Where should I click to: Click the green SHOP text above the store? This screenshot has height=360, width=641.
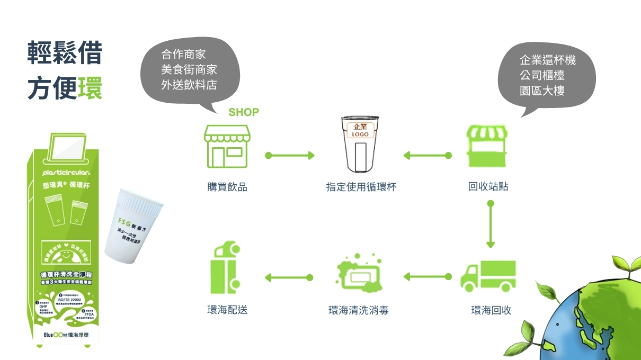(x=244, y=112)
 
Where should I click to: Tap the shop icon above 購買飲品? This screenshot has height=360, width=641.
(x=227, y=146)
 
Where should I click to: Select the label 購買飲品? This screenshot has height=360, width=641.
(x=227, y=187)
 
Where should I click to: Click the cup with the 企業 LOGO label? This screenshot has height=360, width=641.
(x=360, y=143)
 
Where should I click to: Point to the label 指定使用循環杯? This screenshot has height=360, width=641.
(x=361, y=187)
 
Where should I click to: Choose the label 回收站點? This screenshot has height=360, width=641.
(x=488, y=187)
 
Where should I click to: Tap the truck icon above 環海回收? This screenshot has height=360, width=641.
(x=488, y=276)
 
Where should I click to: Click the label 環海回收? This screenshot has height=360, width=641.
(x=491, y=310)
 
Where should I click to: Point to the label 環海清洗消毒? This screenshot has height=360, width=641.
(x=359, y=310)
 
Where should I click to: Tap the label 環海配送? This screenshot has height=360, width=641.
(x=227, y=310)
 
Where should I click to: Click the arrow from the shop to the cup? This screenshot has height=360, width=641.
(x=290, y=156)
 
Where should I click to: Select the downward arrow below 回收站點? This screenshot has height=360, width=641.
(x=491, y=224)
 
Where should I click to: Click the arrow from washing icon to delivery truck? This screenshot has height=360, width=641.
(x=289, y=277)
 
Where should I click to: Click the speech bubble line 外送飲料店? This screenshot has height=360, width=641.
(x=189, y=85)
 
